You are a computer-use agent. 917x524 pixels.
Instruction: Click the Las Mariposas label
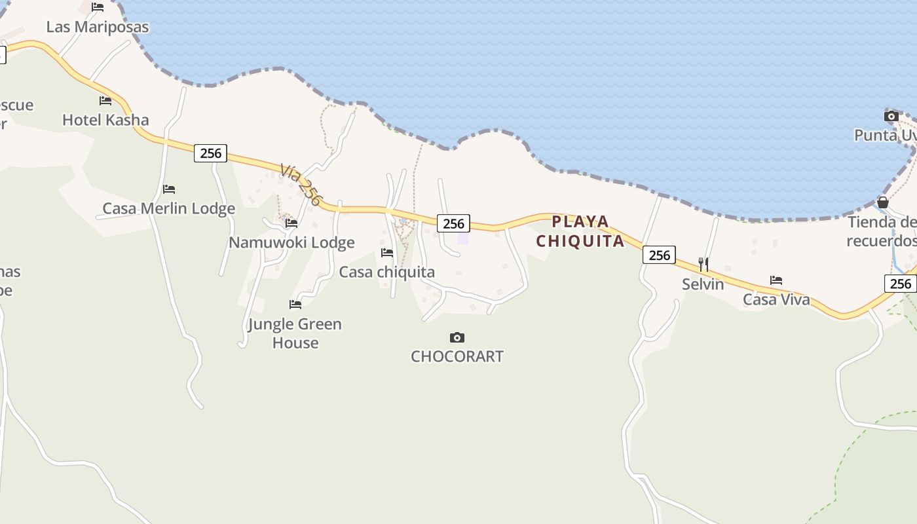tap(97, 27)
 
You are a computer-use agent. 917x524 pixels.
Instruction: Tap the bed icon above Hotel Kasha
tap(105, 101)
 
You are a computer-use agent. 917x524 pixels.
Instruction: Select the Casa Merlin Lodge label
tap(168, 209)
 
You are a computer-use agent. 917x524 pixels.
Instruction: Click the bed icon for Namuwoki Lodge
tap(291, 223)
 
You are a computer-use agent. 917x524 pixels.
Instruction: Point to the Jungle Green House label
tap(295, 333)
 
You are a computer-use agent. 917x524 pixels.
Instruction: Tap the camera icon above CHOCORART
tap(457, 338)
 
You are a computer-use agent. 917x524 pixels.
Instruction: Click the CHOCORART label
tap(457, 357)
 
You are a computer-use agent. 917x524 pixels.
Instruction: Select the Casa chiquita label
tap(386, 272)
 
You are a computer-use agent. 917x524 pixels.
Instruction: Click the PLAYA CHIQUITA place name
tap(580, 231)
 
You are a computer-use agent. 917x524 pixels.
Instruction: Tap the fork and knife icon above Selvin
tap(703, 265)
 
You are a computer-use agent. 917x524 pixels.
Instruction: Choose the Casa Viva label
tap(776, 300)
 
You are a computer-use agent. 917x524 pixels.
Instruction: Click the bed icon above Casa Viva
tap(776, 280)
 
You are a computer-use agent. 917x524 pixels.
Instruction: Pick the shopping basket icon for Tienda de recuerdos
tap(883, 202)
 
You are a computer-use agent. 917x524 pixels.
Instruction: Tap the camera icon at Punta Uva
tap(891, 117)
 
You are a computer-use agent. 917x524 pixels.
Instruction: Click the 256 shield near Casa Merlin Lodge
tap(210, 153)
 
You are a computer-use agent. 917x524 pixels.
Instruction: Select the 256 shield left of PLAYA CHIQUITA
tap(453, 223)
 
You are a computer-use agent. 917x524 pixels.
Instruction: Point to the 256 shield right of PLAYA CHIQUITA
tap(659, 255)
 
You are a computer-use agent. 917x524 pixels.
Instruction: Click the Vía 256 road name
tap(301, 184)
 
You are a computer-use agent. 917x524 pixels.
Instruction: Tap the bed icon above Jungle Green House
tap(295, 305)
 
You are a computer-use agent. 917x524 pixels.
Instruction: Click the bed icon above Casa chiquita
tap(387, 253)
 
